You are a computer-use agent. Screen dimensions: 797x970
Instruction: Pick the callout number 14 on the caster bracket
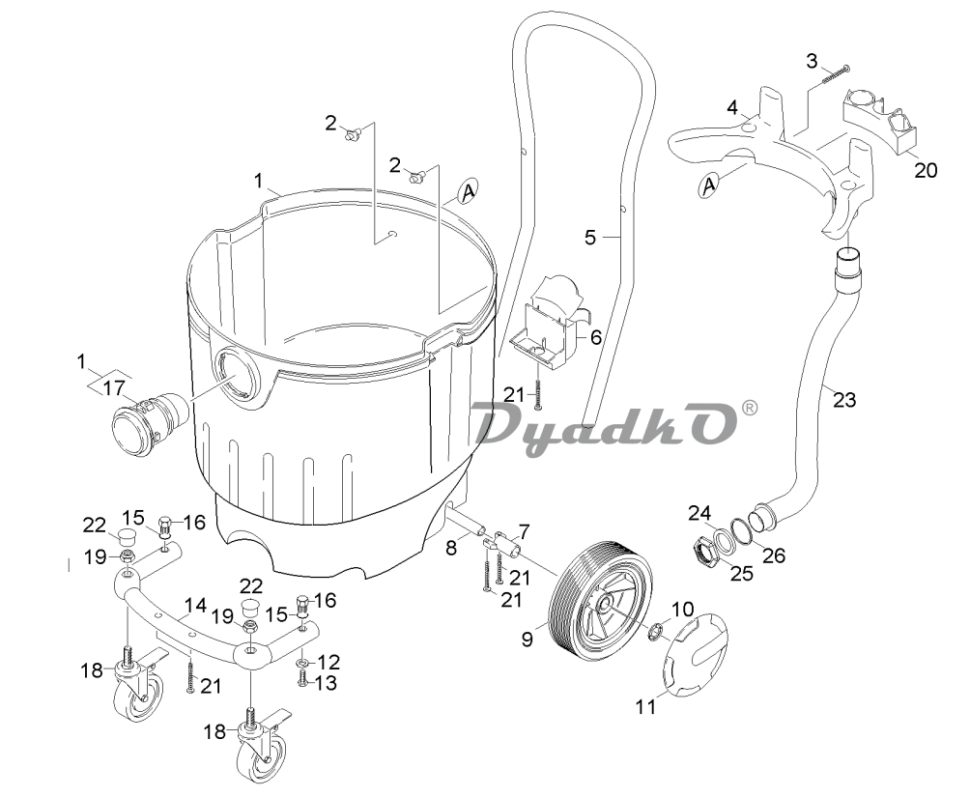click(195, 606)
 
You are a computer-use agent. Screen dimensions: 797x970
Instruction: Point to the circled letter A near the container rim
click(468, 191)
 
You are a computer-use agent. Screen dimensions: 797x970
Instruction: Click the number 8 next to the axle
click(451, 549)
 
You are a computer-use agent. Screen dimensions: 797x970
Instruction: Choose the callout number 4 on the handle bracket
click(732, 106)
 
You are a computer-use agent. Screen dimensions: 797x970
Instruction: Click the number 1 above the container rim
click(258, 180)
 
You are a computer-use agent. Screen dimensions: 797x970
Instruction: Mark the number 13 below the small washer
click(328, 683)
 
